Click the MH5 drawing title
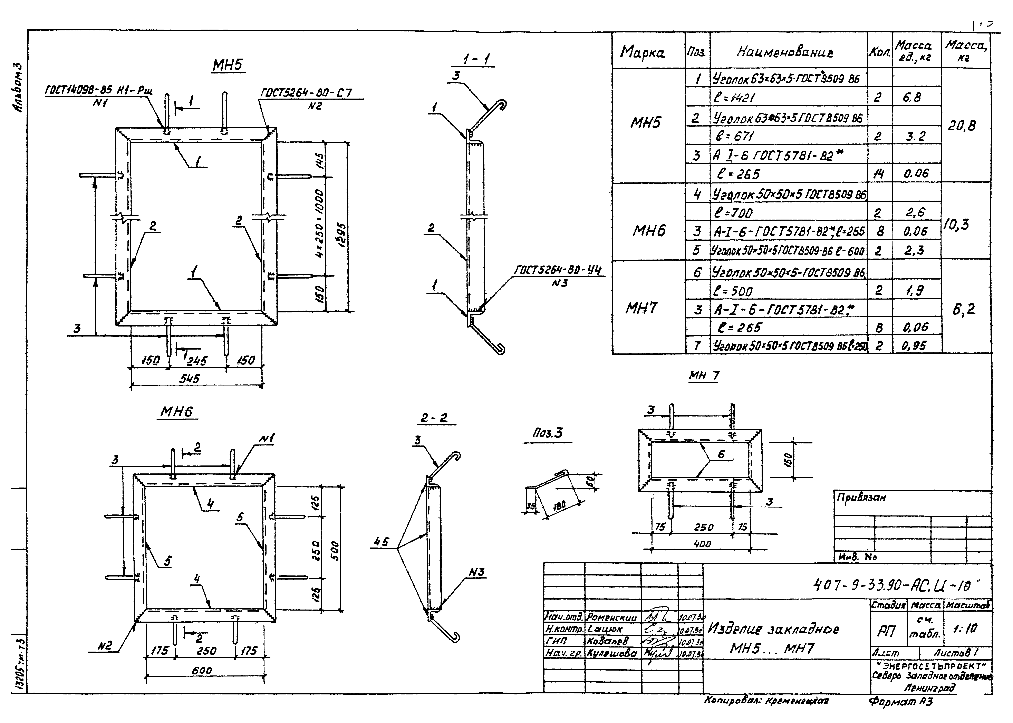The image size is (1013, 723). (x=228, y=66)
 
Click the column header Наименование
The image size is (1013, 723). (x=784, y=52)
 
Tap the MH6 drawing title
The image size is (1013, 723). (x=177, y=412)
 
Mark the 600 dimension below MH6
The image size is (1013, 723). (x=202, y=670)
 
